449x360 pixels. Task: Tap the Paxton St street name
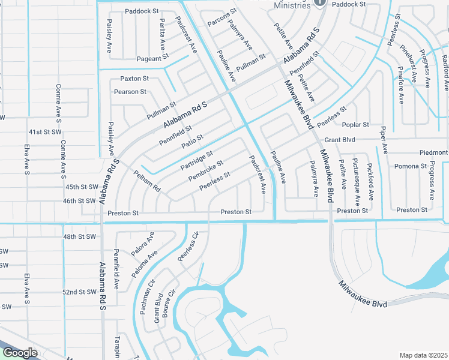(134, 79)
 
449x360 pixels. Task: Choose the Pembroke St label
(205, 170)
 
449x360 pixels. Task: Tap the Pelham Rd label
(148, 180)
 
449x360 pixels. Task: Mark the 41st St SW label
(45, 131)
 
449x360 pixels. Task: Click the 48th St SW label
(80, 237)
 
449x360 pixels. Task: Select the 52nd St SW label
(80, 292)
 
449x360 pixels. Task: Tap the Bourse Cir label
(170, 304)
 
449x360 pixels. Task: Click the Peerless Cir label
(188, 247)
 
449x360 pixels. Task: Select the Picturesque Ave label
(356, 179)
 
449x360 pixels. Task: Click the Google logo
(19, 353)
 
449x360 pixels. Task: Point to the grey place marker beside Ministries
(320, 3)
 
